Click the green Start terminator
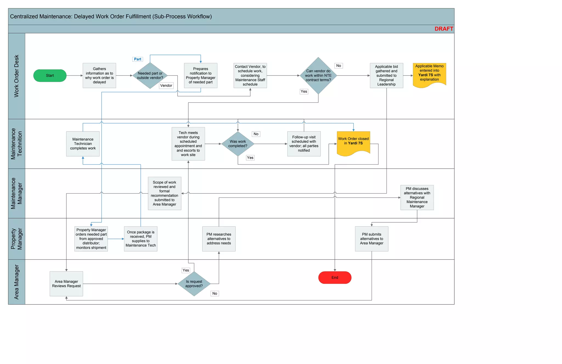pos(50,75)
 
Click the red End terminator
pos(335,278)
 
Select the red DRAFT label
pos(443,29)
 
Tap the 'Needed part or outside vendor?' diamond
pos(150,75)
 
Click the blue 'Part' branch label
pos(137,59)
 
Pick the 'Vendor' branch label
pos(166,86)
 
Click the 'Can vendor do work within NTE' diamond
pos(318,75)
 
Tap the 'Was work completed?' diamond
pos(238,144)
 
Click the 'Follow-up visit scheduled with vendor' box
pos(304,144)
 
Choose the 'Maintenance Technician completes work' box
pos(83,144)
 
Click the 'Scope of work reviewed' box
pos(164,193)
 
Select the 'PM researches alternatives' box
pos(219,239)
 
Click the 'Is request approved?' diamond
pos(194,284)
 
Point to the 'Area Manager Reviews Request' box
pos(66,284)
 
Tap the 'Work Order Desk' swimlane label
pos(16,76)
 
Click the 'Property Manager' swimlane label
pos(16,239)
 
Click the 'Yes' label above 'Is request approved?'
pos(186,270)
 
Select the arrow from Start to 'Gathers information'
pos(74,75)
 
